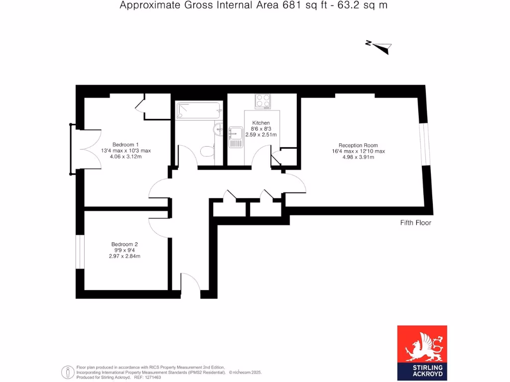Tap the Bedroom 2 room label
pyautogui.click(x=125, y=244)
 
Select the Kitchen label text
pyautogui.click(x=261, y=123)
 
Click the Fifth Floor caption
pyautogui.click(x=416, y=223)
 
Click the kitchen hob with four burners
pyautogui.click(x=262, y=101)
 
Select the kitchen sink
pyautogui.click(x=236, y=137)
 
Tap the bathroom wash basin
pyautogui.click(x=219, y=129)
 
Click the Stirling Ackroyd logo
pyautogui.click(x=422, y=352)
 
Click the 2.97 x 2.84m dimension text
pyautogui.click(x=125, y=256)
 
